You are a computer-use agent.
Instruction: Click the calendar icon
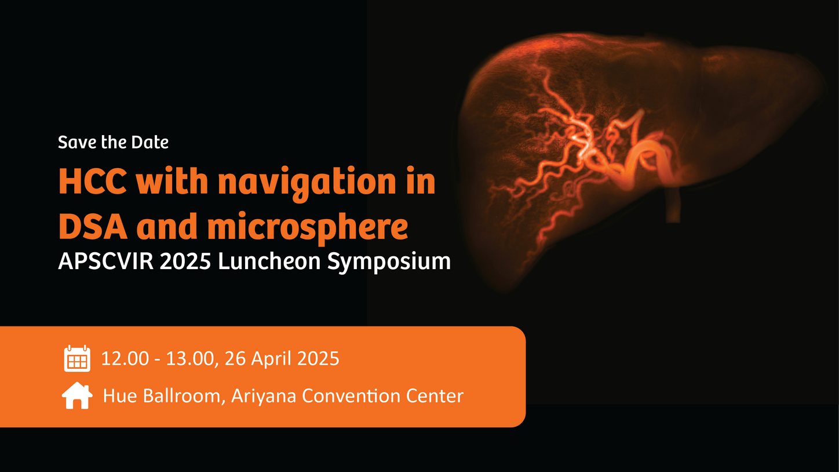pyautogui.click(x=77, y=358)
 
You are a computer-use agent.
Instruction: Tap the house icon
pyautogui.click(x=77, y=396)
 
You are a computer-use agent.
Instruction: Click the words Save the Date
pyautogui.click(x=113, y=142)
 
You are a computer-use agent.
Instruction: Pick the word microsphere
pyautogui.click(x=308, y=228)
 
